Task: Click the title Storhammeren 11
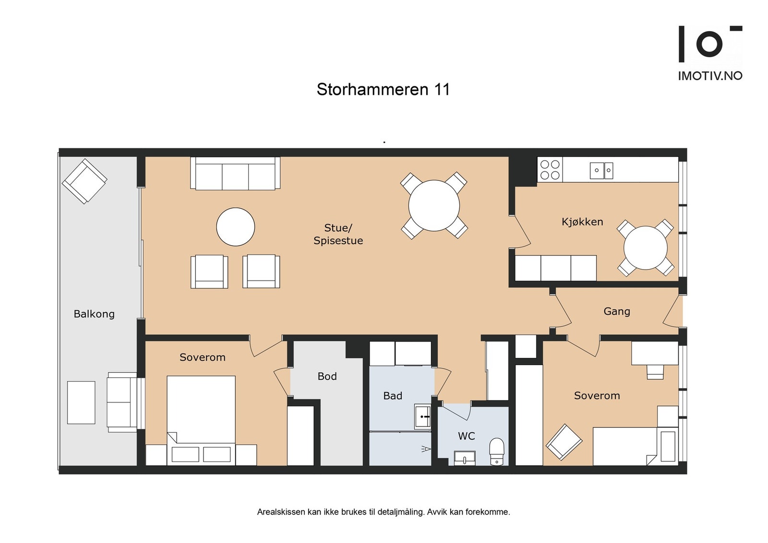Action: tap(383, 90)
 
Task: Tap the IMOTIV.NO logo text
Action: tap(710, 76)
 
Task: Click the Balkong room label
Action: tap(94, 314)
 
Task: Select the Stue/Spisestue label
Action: tap(338, 234)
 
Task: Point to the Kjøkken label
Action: tap(582, 222)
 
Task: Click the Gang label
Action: tap(616, 311)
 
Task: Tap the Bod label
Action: tap(327, 377)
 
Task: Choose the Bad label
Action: tap(392, 396)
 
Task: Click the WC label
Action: tap(466, 436)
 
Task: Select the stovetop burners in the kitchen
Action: tap(550, 170)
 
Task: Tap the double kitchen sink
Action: tap(601, 170)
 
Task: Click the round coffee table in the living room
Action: tap(235, 227)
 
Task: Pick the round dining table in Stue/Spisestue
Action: tap(434, 205)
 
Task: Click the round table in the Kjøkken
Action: tap(645, 248)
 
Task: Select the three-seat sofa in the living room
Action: tap(235, 174)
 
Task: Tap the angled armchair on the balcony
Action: tap(84, 181)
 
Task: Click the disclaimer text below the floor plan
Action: tap(383, 512)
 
